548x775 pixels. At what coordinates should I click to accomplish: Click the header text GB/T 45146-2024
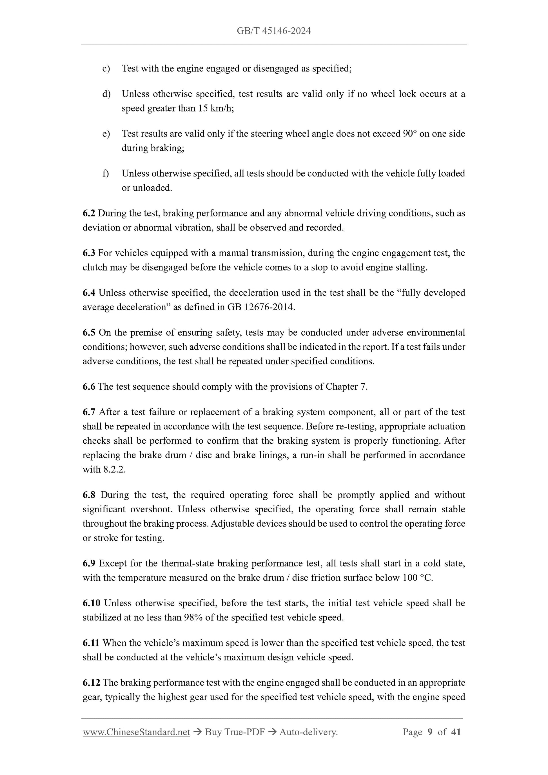pos(273,32)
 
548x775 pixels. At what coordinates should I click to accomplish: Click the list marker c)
pos(106,68)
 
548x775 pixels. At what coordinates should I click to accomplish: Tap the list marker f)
pos(106,173)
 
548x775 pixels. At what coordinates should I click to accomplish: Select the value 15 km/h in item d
pos(215,108)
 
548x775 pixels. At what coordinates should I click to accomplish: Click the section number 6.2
pos(89,213)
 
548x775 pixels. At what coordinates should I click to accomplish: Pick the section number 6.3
pos(89,253)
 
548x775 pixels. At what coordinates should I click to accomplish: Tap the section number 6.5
pos(89,333)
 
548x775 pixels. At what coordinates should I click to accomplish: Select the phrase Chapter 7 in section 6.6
pos(346,387)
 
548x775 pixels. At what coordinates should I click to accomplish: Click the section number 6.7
pos(89,412)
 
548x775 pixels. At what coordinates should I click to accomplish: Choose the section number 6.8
pos(89,495)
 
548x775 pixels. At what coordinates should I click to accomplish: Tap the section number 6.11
pos(91,643)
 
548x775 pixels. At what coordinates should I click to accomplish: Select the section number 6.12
pos(91,683)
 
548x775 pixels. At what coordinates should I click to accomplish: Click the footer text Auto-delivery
pos(308,732)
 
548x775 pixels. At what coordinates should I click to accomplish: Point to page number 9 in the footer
pos(430,732)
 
